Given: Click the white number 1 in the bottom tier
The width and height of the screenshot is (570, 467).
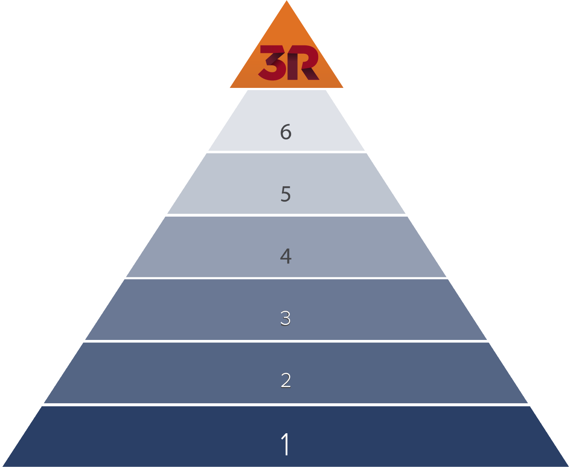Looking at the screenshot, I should tap(286, 444).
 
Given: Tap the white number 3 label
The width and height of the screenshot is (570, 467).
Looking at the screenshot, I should tap(286, 318).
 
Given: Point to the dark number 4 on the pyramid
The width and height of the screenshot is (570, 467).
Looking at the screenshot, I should tap(286, 256).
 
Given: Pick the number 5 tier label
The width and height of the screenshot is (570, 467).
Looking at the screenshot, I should tap(286, 194).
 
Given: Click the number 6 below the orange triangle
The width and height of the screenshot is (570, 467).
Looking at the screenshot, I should tap(286, 132).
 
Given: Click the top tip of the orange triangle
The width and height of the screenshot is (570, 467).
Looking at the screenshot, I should tap(287, 2).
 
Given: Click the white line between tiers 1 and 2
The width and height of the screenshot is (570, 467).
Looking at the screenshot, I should tap(286, 405).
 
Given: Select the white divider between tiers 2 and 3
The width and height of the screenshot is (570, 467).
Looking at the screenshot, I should tap(286, 341).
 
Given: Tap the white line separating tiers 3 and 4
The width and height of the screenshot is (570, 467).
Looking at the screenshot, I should tap(286, 278).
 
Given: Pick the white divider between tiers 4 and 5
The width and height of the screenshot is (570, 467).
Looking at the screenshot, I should tap(286, 215).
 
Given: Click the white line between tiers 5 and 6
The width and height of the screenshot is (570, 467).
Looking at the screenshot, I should tap(286, 152).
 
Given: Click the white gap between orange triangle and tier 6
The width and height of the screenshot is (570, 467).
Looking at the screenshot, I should tap(287, 89).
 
